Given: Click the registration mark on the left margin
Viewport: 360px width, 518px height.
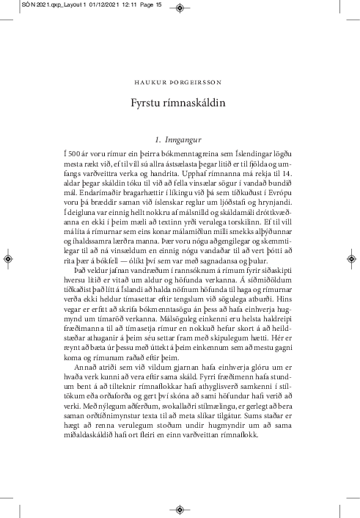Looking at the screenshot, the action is tap(7, 259).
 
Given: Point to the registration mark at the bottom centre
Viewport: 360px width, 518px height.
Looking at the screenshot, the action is tap(180, 507).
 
